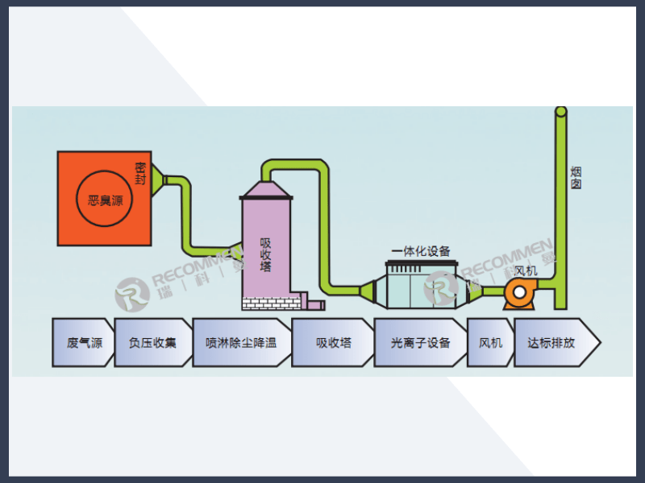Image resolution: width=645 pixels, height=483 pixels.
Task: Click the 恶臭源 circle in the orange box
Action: click(x=105, y=199)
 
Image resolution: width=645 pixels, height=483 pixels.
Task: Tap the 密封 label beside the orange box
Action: click(x=140, y=174)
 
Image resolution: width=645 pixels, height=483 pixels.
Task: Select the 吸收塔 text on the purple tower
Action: click(x=265, y=254)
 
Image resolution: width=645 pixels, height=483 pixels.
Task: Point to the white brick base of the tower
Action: click(x=271, y=303)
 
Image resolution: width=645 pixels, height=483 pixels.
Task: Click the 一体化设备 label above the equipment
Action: click(x=421, y=250)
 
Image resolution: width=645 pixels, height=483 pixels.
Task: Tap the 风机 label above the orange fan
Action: click(x=525, y=270)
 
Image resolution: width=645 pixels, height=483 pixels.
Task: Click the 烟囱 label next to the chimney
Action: click(x=576, y=178)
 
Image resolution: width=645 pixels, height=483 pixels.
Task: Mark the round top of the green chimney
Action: click(x=561, y=111)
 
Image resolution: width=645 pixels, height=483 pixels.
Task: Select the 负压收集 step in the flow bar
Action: click(x=152, y=342)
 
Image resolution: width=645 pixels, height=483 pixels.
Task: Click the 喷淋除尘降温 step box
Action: click(x=241, y=342)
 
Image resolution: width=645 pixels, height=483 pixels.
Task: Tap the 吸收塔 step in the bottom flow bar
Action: click(x=333, y=342)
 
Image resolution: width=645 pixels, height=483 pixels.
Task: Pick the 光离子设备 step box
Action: click(x=420, y=342)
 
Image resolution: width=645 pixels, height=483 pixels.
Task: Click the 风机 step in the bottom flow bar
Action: click(x=490, y=342)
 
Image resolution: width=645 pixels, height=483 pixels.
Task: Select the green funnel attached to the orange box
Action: click(x=158, y=180)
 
